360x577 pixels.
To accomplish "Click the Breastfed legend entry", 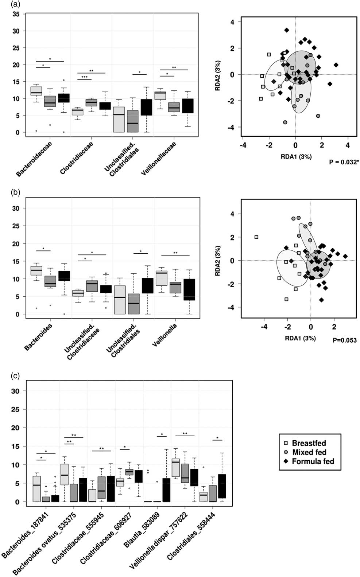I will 309,443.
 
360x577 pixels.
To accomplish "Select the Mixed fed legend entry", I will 309,452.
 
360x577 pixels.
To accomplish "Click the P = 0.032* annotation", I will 342,162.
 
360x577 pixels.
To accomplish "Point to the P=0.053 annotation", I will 345,340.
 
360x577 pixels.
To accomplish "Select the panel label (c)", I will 15,375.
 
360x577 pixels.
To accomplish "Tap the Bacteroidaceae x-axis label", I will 34,159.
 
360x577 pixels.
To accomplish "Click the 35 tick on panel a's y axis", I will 16,14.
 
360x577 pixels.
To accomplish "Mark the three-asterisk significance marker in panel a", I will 84,77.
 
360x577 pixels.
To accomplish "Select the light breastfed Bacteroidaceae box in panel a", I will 36,91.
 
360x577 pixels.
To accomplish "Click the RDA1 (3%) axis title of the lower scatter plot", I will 300,338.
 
